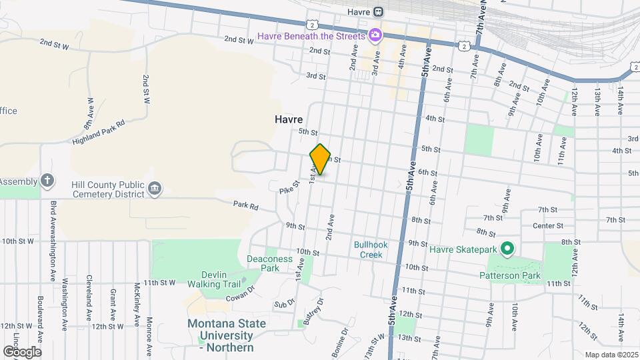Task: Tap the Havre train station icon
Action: [378, 11]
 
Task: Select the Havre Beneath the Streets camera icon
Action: [375, 35]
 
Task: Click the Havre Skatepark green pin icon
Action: [507, 249]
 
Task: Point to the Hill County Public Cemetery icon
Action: [155, 189]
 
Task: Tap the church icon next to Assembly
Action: [47, 180]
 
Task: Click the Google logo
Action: [21, 351]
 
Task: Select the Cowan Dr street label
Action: [243, 295]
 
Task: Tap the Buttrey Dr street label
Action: [313, 311]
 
